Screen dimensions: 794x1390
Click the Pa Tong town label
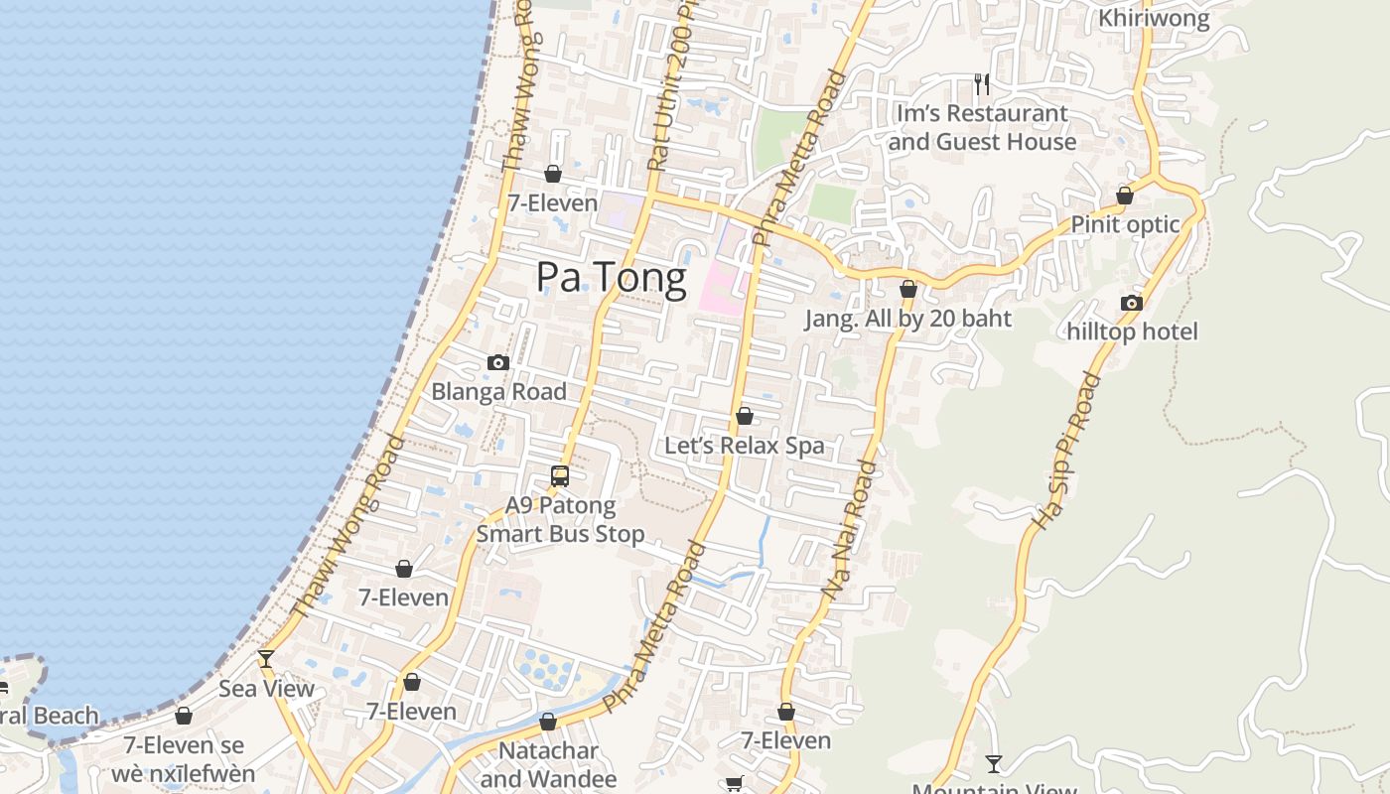(611, 278)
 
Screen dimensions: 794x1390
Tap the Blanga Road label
(498, 392)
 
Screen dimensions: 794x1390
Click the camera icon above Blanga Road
(498, 363)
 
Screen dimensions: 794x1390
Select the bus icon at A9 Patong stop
(560, 476)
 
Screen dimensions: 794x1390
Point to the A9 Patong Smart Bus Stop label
(560, 520)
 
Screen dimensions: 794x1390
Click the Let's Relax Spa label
(745, 446)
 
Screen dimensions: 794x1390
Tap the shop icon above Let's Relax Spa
(745, 416)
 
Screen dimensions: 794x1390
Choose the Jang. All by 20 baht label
(907, 319)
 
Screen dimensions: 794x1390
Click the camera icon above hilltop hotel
(1132, 303)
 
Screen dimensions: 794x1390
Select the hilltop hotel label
(1132, 331)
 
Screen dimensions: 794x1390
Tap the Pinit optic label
(1125, 224)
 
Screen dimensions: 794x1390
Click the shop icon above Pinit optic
(1125, 196)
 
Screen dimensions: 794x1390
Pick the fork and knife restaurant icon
(982, 84)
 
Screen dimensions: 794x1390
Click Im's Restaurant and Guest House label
(982, 128)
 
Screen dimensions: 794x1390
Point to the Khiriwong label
(1154, 18)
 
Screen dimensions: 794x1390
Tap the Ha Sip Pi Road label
(1067, 452)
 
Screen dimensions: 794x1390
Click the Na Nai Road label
(852, 530)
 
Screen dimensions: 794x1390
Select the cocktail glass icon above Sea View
(266, 659)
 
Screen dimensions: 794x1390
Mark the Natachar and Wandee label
(548, 765)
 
